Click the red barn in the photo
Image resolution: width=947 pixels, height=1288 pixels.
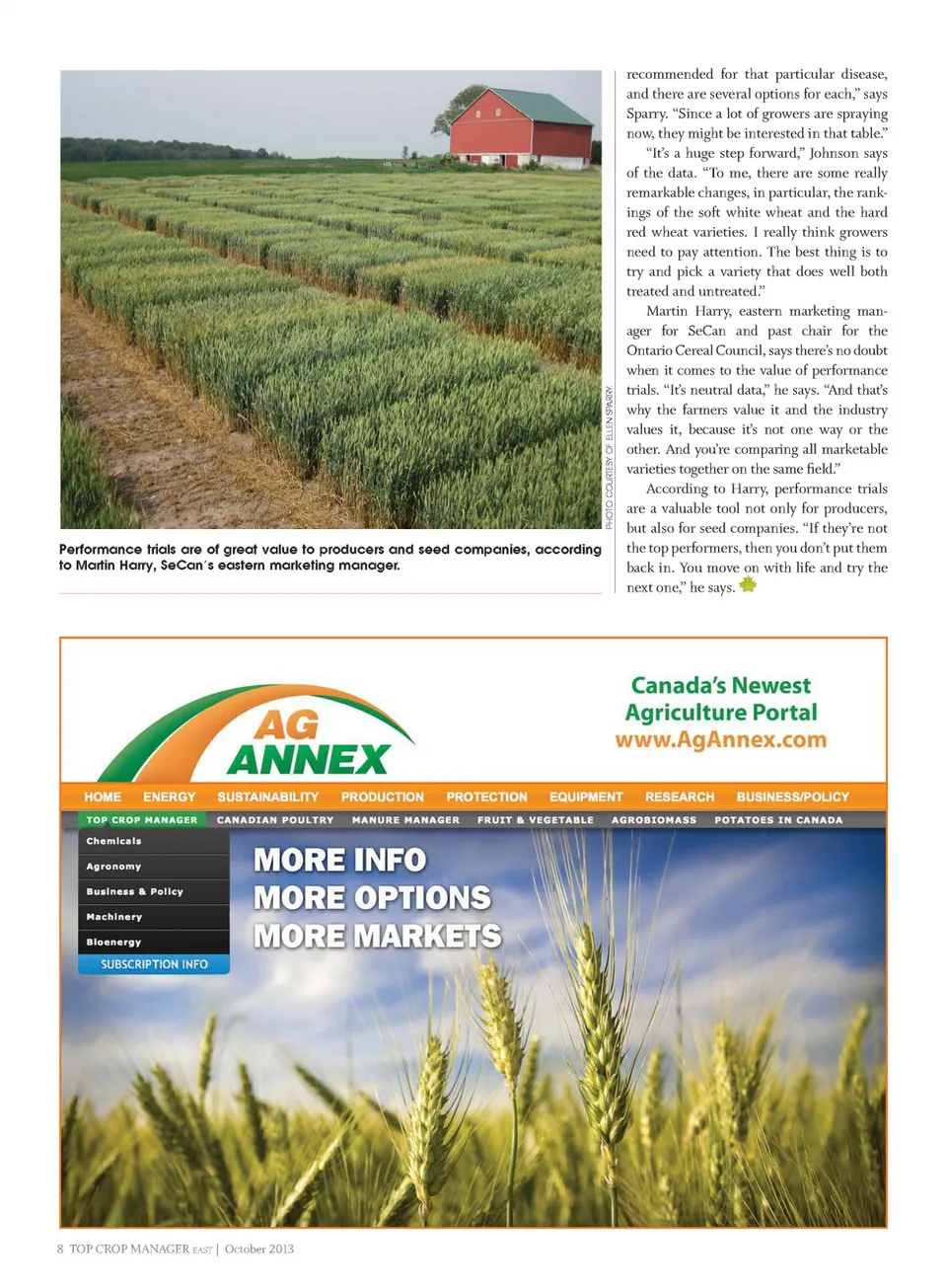tap(521, 136)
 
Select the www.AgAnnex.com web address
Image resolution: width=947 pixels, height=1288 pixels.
tap(720, 740)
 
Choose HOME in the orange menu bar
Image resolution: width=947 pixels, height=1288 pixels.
tap(103, 796)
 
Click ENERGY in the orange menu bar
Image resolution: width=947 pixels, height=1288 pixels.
tap(169, 796)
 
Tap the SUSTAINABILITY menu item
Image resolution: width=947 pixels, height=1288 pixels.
tap(267, 796)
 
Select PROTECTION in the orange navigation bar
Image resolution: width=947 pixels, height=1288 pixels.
tap(486, 796)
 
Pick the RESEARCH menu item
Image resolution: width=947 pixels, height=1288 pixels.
tap(679, 796)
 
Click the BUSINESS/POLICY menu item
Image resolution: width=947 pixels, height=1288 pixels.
tap(792, 796)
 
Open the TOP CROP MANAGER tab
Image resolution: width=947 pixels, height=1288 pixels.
tap(141, 820)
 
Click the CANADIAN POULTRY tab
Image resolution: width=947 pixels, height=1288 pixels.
tap(275, 820)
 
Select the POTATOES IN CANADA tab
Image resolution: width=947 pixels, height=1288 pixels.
tap(778, 820)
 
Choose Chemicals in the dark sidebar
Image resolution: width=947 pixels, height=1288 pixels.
tap(113, 841)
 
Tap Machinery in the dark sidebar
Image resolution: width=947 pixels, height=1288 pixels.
tap(113, 917)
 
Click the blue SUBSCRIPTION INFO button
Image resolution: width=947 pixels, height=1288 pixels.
tap(154, 964)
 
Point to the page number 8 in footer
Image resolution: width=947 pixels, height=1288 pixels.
tap(60, 1249)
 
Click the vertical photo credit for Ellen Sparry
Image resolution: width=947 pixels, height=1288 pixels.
tap(610, 457)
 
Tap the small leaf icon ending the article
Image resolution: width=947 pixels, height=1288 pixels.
tap(749, 584)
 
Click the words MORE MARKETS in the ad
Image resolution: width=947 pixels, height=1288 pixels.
tap(377, 936)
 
